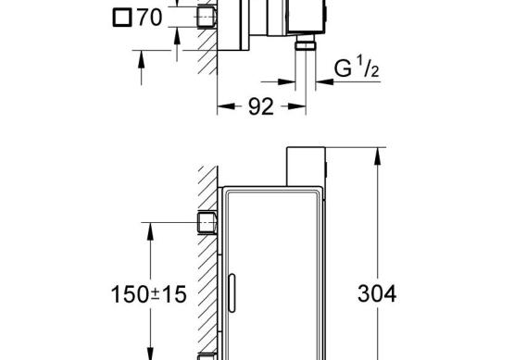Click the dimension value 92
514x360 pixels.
261,106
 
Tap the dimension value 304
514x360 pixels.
377,293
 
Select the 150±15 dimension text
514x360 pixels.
149,294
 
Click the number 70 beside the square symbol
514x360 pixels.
149,18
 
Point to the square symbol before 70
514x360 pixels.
122,18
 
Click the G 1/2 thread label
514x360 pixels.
357,68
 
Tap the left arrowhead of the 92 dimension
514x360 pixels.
226,106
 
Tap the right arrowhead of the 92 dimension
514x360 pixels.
297,106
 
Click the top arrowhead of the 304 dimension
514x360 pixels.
377,156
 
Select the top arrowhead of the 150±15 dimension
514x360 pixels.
150,231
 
